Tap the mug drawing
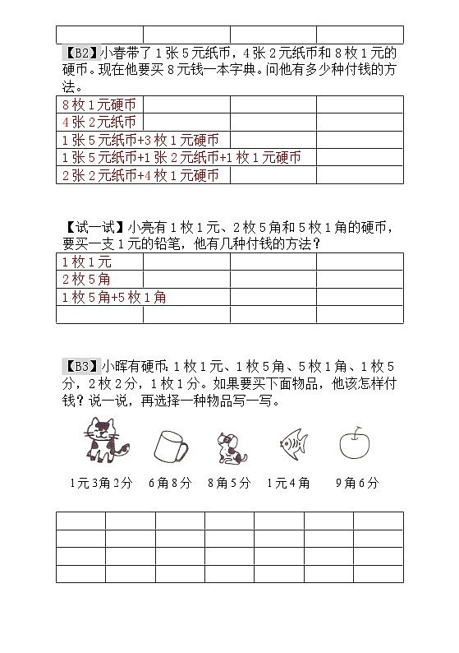(x=170, y=447)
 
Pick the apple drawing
(x=355, y=443)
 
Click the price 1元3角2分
(x=101, y=484)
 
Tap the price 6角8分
(x=170, y=484)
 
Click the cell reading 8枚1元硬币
(x=99, y=104)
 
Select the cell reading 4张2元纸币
(x=99, y=123)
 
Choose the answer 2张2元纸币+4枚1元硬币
(x=140, y=175)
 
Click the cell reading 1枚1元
(x=86, y=262)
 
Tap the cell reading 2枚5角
(x=86, y=280)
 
